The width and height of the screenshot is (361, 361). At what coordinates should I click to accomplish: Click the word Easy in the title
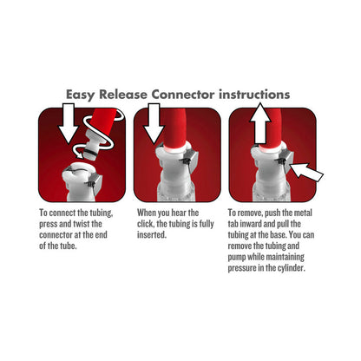pos(85,93)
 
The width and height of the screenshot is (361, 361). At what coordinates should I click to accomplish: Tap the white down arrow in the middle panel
pos(155,121)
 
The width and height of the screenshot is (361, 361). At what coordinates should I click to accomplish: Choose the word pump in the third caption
pos(242,258)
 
